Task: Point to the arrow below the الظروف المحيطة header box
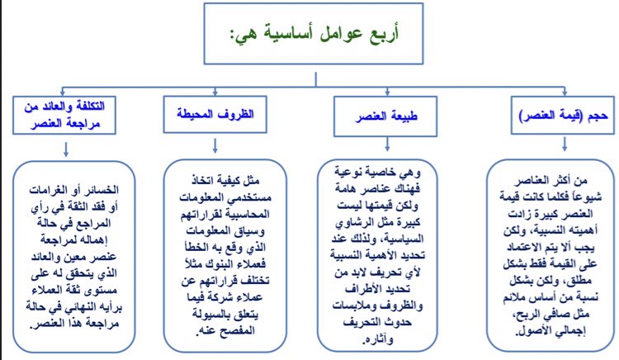tap(215, 144)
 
